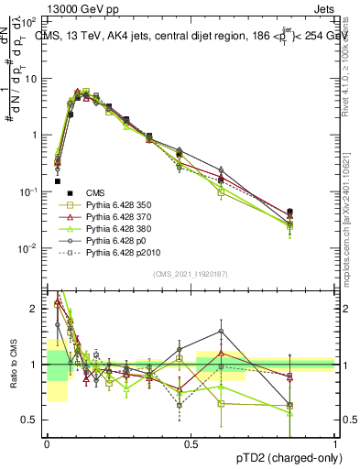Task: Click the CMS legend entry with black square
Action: tap(95, 192)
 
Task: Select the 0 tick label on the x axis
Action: tap(47, 443)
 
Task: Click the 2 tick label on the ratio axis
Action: tap(35, 309)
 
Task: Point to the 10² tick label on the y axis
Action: tap(30, 20)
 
